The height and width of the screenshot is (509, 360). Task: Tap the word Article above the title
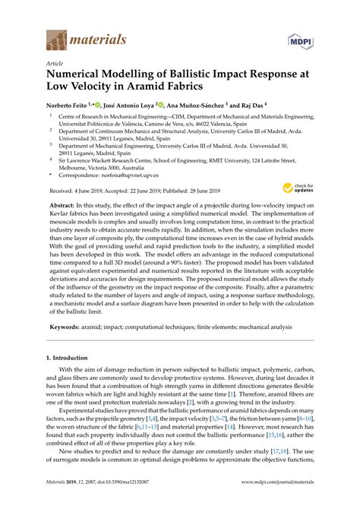[x=54, y=65]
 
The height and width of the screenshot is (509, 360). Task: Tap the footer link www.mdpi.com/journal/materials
[x=273, y=501]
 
